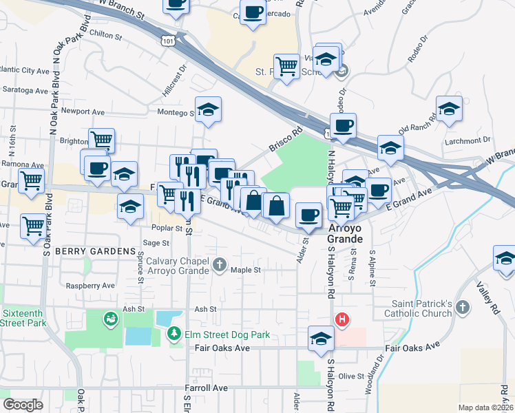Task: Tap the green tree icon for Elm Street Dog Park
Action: pos(175,335)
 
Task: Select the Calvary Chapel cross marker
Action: pos(220,264)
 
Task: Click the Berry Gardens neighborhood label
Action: pos(96,251)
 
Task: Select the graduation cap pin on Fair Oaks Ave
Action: pos(321,339)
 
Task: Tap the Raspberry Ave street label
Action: pos(90,285)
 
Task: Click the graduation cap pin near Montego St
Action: pos(208,109)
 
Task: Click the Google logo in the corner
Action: pos(23,405)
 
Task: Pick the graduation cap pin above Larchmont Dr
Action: pos(449,109)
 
